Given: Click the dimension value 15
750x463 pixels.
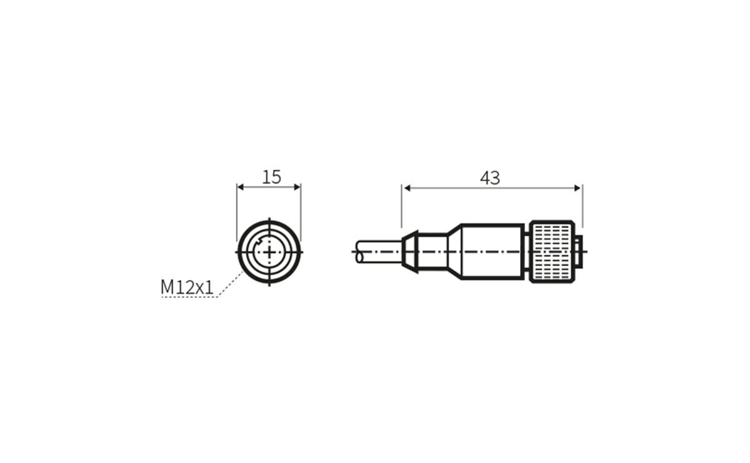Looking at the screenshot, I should point(271,177).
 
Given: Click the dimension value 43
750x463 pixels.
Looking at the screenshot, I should point(490,178).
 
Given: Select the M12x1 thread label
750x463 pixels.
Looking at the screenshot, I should point(187,287).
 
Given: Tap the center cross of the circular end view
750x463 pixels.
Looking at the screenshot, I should point(269,252).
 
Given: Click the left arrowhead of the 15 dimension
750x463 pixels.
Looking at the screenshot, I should point(241,186).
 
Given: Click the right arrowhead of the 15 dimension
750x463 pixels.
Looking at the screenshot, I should point(297,186).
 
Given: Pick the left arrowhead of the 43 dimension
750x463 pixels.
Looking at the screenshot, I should point(407,187).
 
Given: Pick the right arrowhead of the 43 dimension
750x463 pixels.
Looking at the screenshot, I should point(578,187).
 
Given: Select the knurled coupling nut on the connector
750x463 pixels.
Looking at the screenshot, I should point(551,252).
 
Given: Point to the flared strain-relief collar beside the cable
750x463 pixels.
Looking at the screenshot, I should point(409,252).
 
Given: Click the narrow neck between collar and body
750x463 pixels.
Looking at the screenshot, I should point(432,252).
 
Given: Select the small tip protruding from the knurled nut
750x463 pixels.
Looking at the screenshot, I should point(579,252).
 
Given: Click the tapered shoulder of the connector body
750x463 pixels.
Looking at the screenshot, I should point(454,252).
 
